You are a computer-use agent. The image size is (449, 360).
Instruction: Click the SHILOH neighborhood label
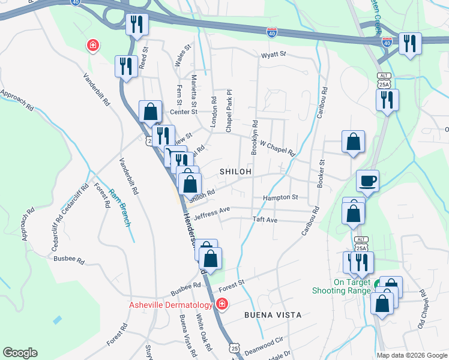point(235,172)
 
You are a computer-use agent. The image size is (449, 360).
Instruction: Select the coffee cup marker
point(367,180)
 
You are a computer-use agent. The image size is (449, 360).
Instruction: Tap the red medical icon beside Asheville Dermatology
point(222,304)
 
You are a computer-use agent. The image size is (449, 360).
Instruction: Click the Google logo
point(20,353)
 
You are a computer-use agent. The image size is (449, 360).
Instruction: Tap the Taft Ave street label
point(265,220)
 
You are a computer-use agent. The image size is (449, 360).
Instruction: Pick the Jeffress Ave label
point(212,211)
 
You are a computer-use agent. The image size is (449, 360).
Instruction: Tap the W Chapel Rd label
point(277,148)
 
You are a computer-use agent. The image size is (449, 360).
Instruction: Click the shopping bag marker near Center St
point(150,111)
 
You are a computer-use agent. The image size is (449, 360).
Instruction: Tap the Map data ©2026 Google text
point(411,355)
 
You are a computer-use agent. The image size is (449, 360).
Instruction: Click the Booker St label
point(322,171)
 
